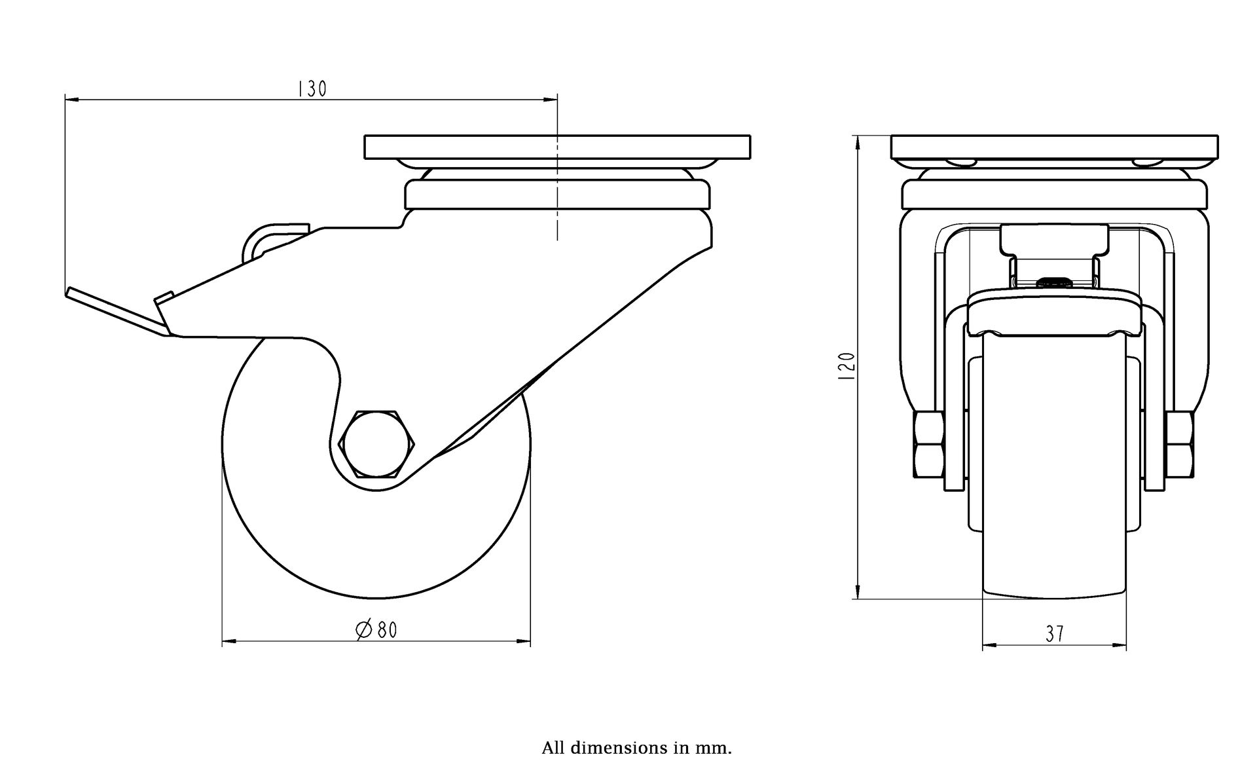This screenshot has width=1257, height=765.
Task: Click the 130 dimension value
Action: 312,88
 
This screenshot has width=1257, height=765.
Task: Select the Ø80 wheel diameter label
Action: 376,630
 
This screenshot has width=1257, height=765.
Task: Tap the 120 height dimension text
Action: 847,367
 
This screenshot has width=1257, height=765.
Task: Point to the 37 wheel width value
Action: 1054,634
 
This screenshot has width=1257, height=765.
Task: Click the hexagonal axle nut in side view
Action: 376,443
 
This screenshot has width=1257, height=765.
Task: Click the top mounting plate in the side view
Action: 557,147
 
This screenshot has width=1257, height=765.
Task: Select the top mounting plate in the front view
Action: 1055,147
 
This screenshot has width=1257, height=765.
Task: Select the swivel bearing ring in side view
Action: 557,195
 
